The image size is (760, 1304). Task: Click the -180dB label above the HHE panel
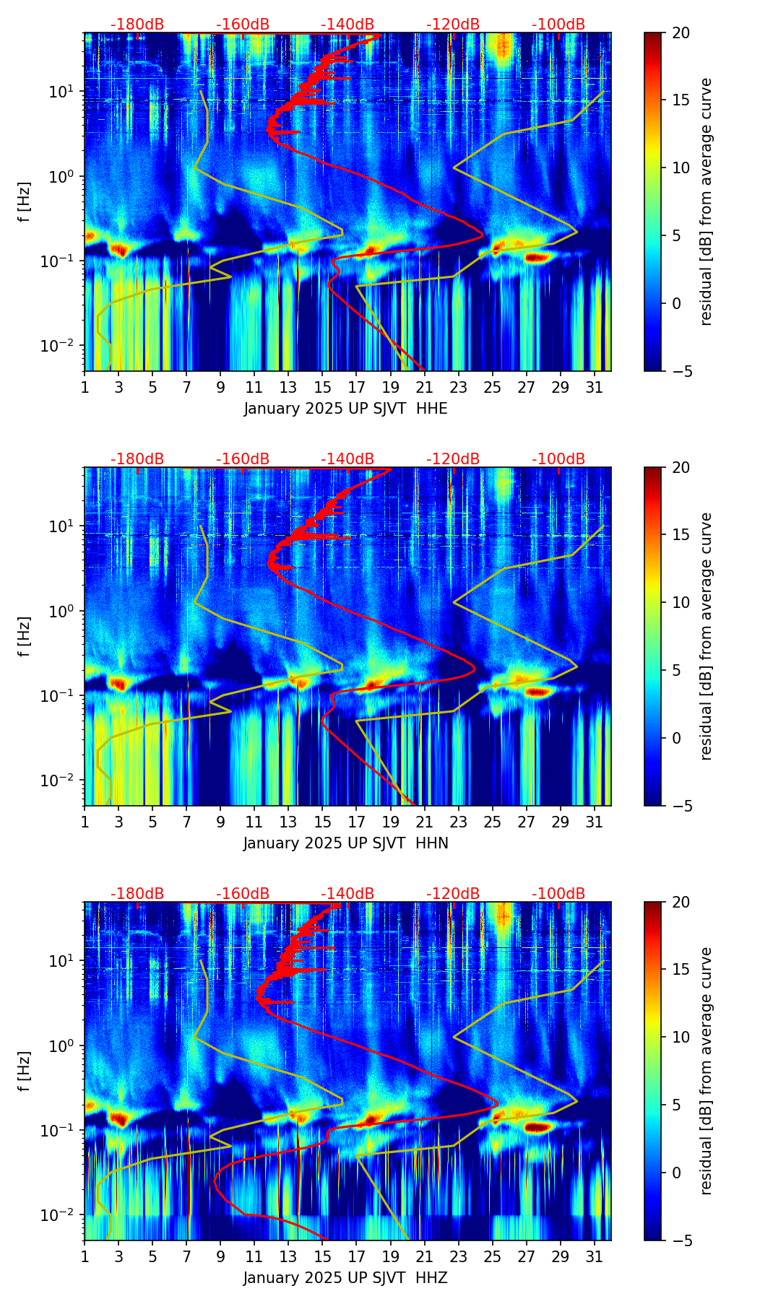tap(137, 25)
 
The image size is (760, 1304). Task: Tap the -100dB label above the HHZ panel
tap(558, 894)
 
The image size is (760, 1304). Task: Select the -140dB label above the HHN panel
tap(347, 459)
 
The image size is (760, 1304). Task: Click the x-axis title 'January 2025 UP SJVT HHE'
tap(345, 409)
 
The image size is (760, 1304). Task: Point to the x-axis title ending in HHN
tap(345, 843)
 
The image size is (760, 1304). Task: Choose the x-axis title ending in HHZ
tap(345, 1278)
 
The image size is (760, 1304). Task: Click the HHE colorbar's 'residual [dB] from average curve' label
tap(706, 201)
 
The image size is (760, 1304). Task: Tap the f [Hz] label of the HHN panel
tap(25, 636)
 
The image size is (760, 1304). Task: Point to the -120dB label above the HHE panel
tap(453, 25)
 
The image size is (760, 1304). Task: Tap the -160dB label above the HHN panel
tap(243, 459)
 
